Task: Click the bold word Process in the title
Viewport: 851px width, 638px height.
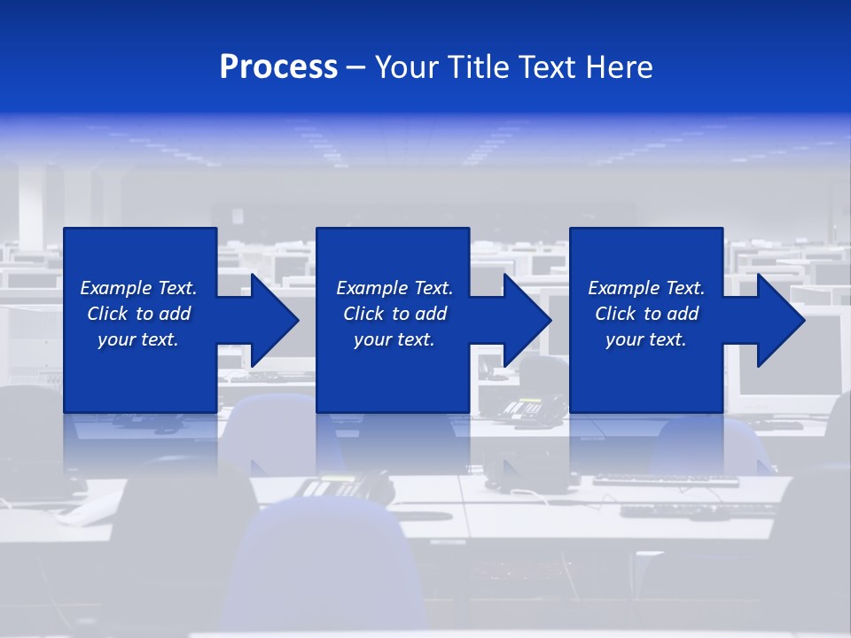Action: [x=278, y=67]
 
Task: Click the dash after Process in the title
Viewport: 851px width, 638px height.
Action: [x=356, y=68]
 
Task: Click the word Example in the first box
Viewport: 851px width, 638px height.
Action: [x=116, y=288]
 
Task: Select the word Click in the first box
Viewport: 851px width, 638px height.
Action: [x=108, y=314]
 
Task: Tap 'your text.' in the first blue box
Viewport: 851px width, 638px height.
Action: [x=138, y=339]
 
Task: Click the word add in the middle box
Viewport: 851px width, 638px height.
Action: [x=431, y=314]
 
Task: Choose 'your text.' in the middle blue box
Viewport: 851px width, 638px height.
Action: [x=394, y=339]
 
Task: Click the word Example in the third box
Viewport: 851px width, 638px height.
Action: [x=624, y=288]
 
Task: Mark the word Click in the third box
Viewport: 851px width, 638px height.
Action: [x=616, y=314]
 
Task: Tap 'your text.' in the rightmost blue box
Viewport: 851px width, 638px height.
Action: [x=646, y=339]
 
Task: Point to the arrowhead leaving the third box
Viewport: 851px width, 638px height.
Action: [x=779, y=320]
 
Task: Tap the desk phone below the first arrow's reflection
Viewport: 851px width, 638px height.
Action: [x=341, y=485]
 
